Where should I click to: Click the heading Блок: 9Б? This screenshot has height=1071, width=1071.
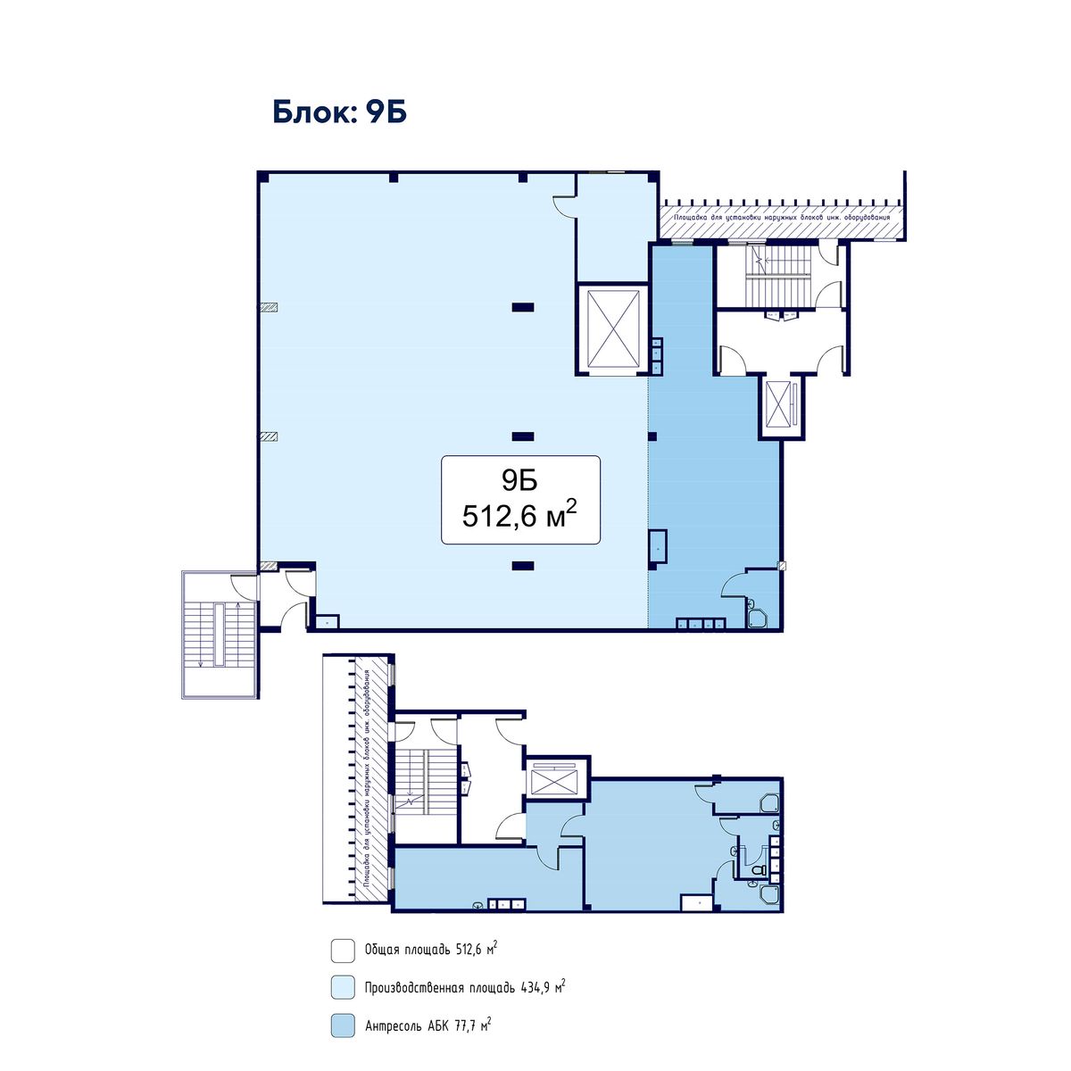point(339,112)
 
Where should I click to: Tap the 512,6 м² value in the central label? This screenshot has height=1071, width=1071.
point(519,515)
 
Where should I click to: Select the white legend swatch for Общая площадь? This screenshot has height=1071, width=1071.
point(343,951)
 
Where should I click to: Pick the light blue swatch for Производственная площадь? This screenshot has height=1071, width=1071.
point(343,988)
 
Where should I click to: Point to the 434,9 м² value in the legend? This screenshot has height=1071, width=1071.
point(543,987)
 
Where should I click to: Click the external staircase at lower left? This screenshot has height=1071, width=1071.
point(220,635)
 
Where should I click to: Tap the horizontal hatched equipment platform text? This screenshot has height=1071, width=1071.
point(782,217)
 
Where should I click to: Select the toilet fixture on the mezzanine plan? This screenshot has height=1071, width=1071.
point(758,870)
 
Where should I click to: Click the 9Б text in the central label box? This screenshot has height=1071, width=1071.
point(519,480)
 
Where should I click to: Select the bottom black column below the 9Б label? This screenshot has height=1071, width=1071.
point(523,566)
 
